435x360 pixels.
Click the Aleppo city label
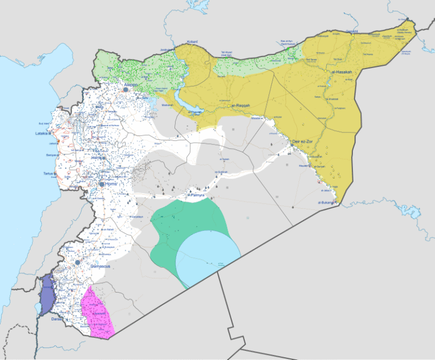[131, 84]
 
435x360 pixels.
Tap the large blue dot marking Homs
[102, 185]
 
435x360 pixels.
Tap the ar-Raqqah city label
[239, 105]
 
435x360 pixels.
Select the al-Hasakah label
[342, 73]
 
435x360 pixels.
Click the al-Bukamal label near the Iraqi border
[327, 202]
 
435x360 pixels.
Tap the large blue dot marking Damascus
[77, 263]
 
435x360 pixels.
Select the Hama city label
[98, 159]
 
